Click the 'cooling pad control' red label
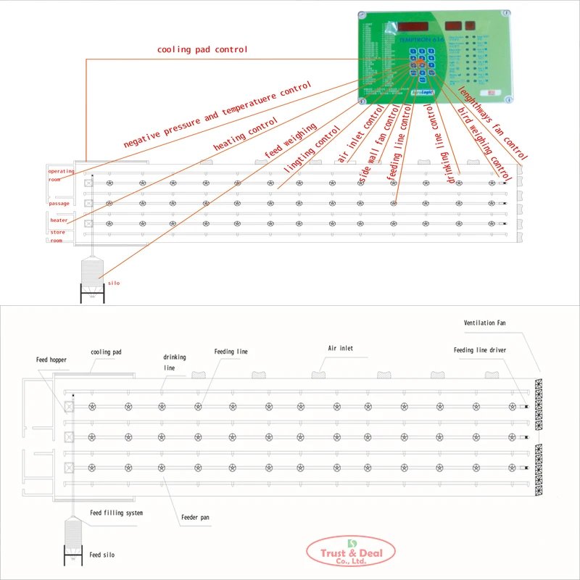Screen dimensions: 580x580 click(x=202, y=49)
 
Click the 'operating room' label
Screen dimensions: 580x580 click(x=61, y=175)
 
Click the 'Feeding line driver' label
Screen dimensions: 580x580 click(x=479, y=350)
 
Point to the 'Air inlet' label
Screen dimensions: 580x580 click(x=341, y=349)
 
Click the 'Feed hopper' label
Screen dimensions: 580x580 click(x=51, y=359)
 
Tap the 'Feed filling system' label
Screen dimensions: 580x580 click(x=116, y=513)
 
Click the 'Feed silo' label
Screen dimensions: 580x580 click(x=101, y=555)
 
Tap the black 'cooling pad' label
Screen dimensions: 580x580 click(x=106, y=352)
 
